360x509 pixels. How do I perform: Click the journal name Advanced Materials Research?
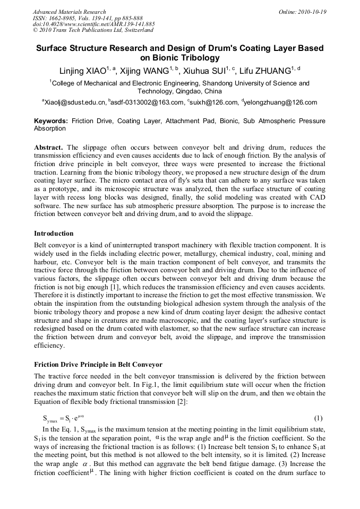click(69, 12)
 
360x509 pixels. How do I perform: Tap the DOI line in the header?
click(93, 24)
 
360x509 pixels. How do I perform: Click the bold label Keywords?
click(51, 121)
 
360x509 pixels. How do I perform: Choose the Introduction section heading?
click(54, 233)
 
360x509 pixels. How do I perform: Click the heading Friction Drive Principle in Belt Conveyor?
click(98, 365)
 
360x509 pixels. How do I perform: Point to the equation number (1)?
click(319, 418)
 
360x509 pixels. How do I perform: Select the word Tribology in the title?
click(193, 58)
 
